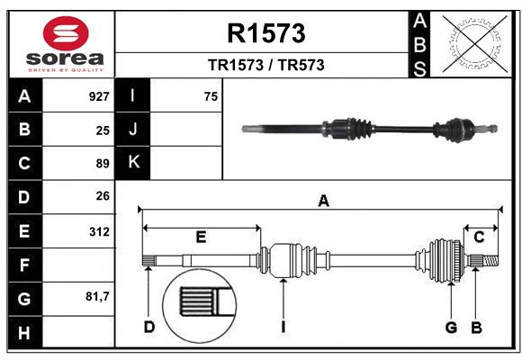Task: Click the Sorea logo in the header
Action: tap(66, 44)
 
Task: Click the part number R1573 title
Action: tap(265, 33)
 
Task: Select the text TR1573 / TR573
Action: tap(265, 65)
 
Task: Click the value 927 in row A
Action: tap(99, 95)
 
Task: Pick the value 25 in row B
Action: tap(103, 130)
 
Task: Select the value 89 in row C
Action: tap(103, 164)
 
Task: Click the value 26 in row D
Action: tap(103, 197)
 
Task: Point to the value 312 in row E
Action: tap(99, 231)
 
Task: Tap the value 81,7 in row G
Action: tap(97, 297)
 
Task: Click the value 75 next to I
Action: tap(211, 96)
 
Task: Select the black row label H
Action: tap(23, 332)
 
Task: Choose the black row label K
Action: tap(134, 163)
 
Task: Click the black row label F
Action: tap(23, 265)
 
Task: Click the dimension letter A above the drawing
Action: tap(323, 202)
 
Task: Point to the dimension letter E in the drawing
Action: tap(202, 237)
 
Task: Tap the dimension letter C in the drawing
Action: tap(479, 237)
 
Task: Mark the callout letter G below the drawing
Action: tap(452, 327)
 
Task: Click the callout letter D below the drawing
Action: tap(149, 327)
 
